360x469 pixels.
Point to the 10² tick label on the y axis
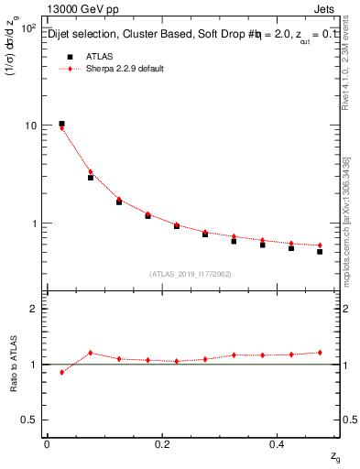(27, 28)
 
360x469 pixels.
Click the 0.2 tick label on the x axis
(162, 444)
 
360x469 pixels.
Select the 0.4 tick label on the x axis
(278, 444)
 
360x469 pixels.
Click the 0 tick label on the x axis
(46, 444)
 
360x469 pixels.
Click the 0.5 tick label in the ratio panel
(28, 420)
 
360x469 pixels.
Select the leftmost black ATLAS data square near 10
(61, 124)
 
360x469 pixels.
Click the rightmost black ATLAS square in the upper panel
(320, 251)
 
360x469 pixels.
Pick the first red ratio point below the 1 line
(61, 372)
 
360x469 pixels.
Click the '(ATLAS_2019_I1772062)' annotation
(191, 273)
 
